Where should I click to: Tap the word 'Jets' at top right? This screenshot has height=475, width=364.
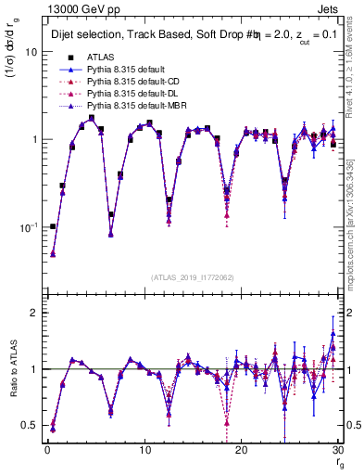329,8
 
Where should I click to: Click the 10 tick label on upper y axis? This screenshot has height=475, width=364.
30,52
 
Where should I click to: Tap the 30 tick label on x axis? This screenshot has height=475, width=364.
338,450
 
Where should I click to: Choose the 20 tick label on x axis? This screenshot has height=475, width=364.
241,450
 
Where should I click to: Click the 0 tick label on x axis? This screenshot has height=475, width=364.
46,450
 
